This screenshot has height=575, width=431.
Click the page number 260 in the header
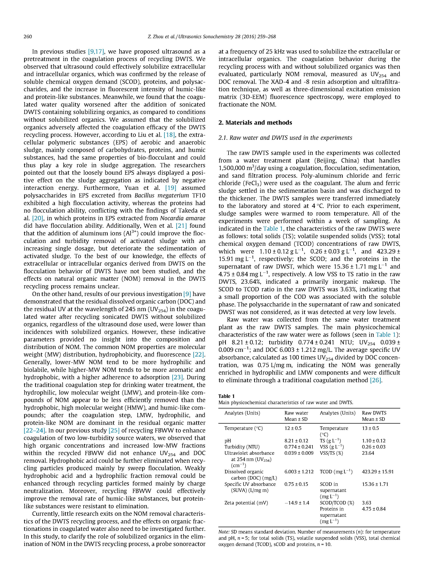click(x=28, y=37)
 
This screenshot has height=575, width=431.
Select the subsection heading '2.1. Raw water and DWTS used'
click(x=285, y=138)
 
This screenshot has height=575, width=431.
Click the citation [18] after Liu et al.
click(x=169, y=135)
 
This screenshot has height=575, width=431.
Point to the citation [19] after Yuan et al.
click(x=171, y=188)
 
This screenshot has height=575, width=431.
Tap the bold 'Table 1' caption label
click(x=226, y=396)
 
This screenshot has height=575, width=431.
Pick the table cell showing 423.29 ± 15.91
click(x=377, y=472)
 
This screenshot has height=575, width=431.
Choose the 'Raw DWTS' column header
click(x=374, y=413)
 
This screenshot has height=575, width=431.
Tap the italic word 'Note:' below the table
click(x=224, y=532)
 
